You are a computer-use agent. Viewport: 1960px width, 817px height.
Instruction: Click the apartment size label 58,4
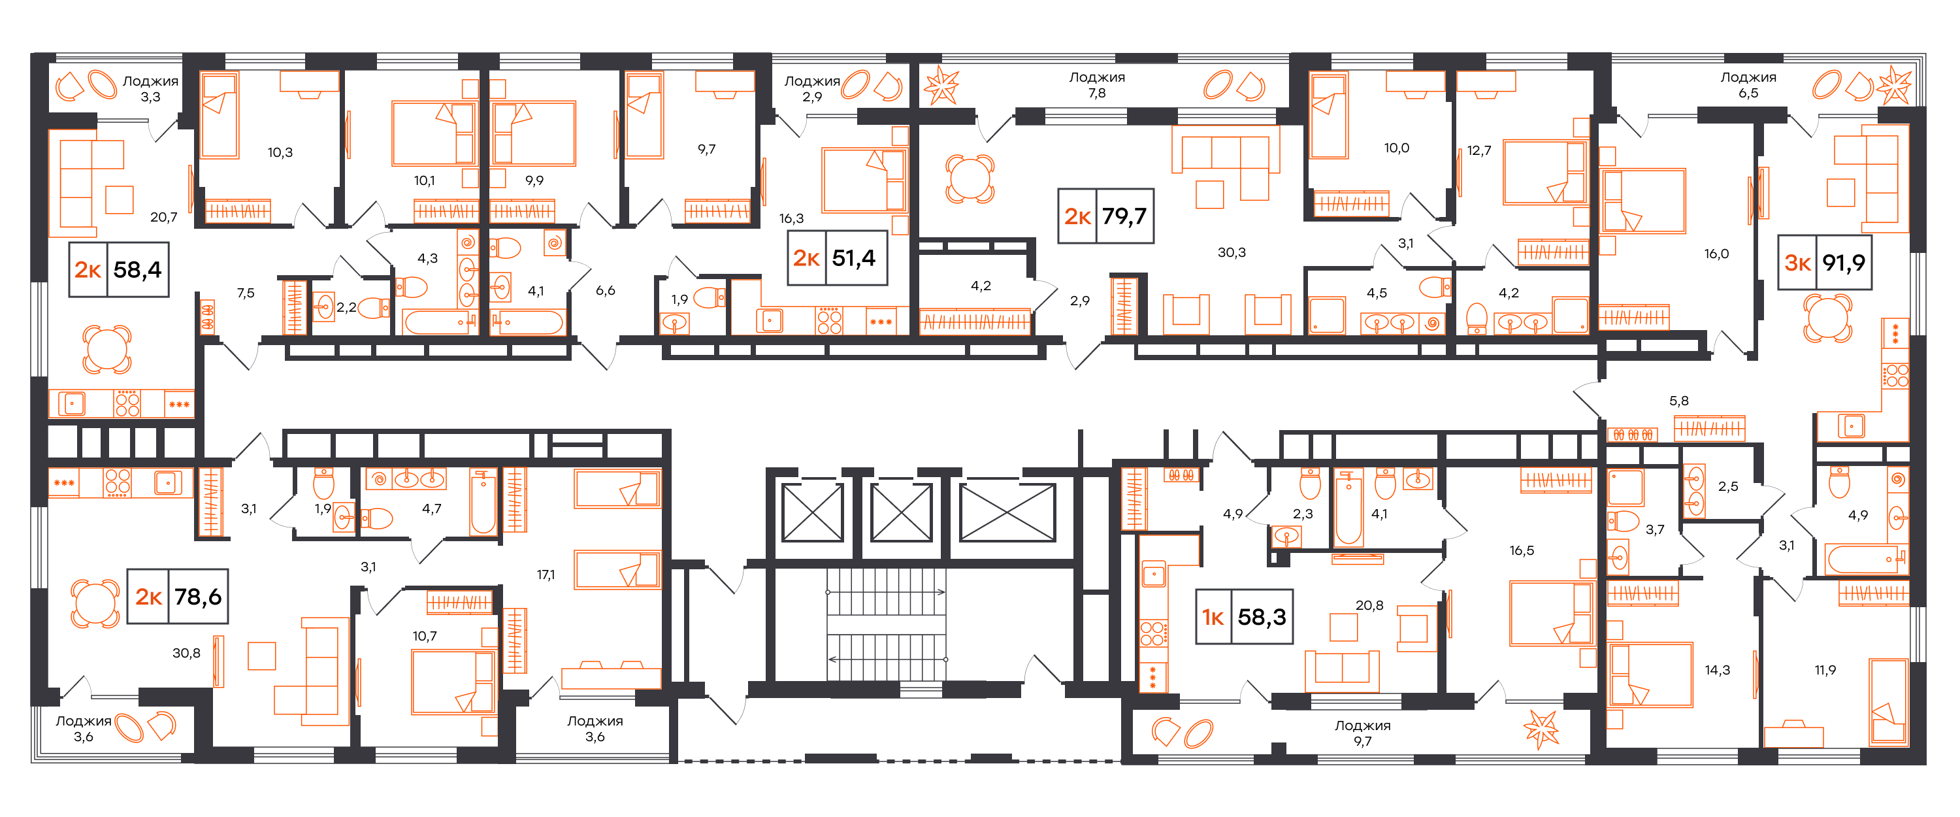(x=137, y=269)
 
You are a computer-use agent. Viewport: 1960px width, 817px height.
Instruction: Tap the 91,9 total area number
(x=1843, y=263)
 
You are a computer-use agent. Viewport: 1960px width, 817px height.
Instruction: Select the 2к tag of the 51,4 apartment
(x=806, y=258)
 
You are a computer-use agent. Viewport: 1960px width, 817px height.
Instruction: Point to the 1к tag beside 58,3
(x=1213, y=617)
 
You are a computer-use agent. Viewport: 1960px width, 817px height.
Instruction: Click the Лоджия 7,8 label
(x=1096, y=84)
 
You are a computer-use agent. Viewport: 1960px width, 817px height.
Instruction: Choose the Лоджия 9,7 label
(x=1362, y=733)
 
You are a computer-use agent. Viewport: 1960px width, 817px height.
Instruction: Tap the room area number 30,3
(x=1231, y=252)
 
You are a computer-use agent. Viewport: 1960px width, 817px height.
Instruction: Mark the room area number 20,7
(x=163, y=217)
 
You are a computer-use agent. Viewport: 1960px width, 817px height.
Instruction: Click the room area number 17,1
(x=546, y=575)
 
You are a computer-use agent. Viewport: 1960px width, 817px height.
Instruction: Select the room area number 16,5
(x=1522, y=550)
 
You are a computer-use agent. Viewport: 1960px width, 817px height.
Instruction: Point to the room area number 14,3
(x=1717, y=670)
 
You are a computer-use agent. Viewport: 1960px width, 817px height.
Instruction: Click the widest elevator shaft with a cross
(x=1007, y=512)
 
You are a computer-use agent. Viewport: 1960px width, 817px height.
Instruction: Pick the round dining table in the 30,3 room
(x=970, y=179)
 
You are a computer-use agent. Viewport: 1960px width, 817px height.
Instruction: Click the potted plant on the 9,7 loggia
(x=1541, y=729)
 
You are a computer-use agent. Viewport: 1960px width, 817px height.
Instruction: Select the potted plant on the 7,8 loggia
(x=941, y=85)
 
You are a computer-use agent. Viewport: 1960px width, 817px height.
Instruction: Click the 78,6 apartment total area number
(x=198, y=596)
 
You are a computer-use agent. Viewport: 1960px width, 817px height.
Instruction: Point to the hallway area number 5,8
(x=1678, y=401)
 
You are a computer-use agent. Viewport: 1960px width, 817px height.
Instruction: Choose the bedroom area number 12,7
(x=1479, y=151)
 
